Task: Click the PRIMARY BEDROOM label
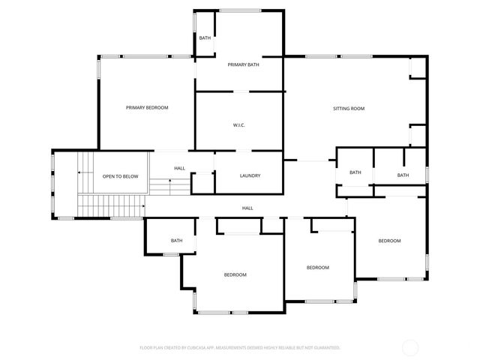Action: point(147,108)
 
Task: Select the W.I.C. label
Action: point(239,125)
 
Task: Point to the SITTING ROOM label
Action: point(349,109)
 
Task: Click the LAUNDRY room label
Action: point(250,175)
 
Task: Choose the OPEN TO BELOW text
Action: point(120,176)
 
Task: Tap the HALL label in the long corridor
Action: point(247,208)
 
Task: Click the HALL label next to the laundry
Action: point(180,168)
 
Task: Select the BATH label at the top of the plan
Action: point(204,37)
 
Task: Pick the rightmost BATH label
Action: point(403,175)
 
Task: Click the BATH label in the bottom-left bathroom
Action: point(176,241)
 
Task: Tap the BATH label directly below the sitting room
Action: point(355,172)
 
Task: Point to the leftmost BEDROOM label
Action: point(235,274)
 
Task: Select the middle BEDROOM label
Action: point(317,268)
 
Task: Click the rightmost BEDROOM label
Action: point(389,241)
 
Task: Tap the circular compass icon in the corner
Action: point(410,347)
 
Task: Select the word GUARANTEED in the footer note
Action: point(324,348)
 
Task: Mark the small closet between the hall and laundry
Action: point(203,184)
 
